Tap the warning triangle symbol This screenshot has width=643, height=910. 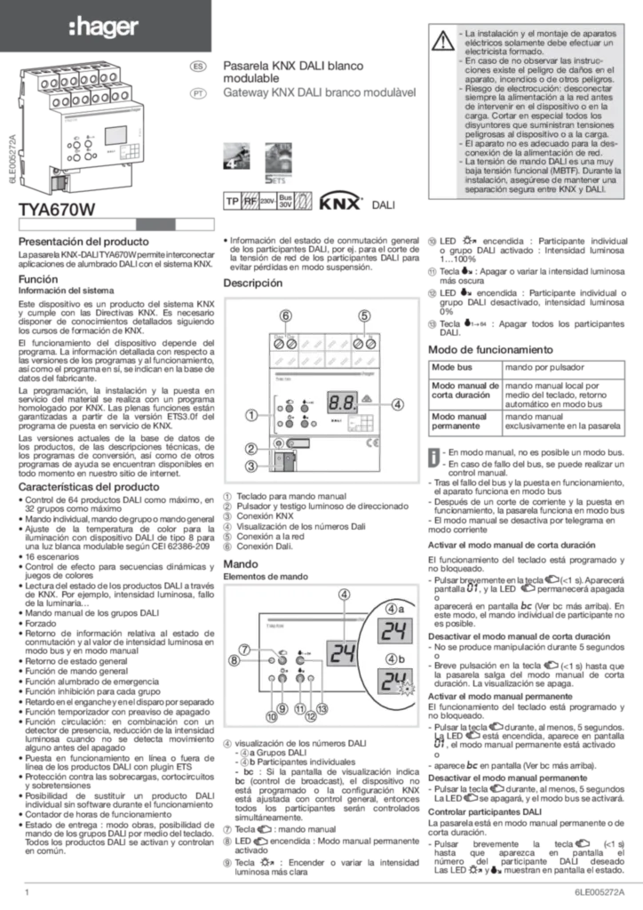point(441,40)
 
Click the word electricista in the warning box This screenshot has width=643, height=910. point(492,53)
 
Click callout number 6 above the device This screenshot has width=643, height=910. point(285,315)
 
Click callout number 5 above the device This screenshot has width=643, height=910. point(364,315)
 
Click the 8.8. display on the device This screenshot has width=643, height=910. point(342,403)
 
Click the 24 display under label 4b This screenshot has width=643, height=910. point(391,683)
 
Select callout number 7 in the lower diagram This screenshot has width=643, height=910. point(243,650)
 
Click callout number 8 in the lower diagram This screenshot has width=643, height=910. point(235,660)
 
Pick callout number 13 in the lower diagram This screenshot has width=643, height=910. point(321,708)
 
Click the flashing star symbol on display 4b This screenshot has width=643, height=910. point(409,690)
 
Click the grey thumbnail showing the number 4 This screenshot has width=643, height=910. point(238,152)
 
